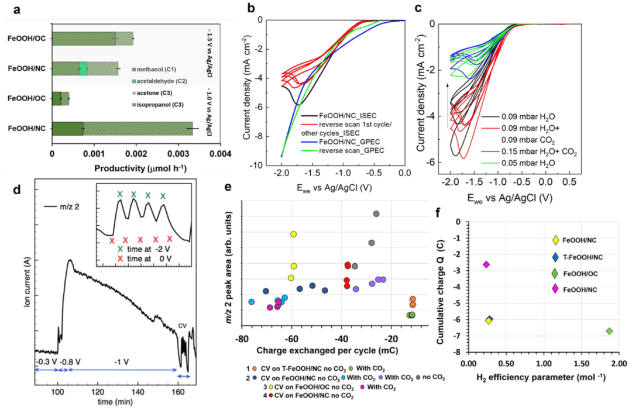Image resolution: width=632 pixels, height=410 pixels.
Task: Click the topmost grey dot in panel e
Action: pyautogui.click(x=376, y=214)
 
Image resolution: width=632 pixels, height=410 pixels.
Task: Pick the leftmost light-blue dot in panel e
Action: pyautogui.click(x=252, y=302)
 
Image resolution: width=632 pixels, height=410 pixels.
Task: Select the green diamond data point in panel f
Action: pyautogui.click(x=609, y=331)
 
